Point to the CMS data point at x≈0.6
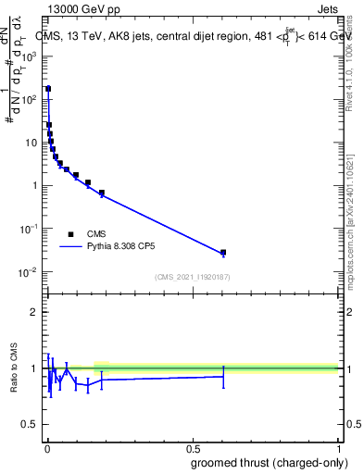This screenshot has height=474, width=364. pos(223,252)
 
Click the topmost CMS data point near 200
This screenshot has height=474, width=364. pos(48,90)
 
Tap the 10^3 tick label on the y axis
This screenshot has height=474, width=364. pos(30,56)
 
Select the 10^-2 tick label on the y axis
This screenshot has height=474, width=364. pos(30,271)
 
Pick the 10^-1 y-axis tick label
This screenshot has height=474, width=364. pos(30,229)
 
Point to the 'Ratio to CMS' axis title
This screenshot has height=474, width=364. pos(15,368)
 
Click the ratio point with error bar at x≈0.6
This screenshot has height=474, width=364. pos(223,377)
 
